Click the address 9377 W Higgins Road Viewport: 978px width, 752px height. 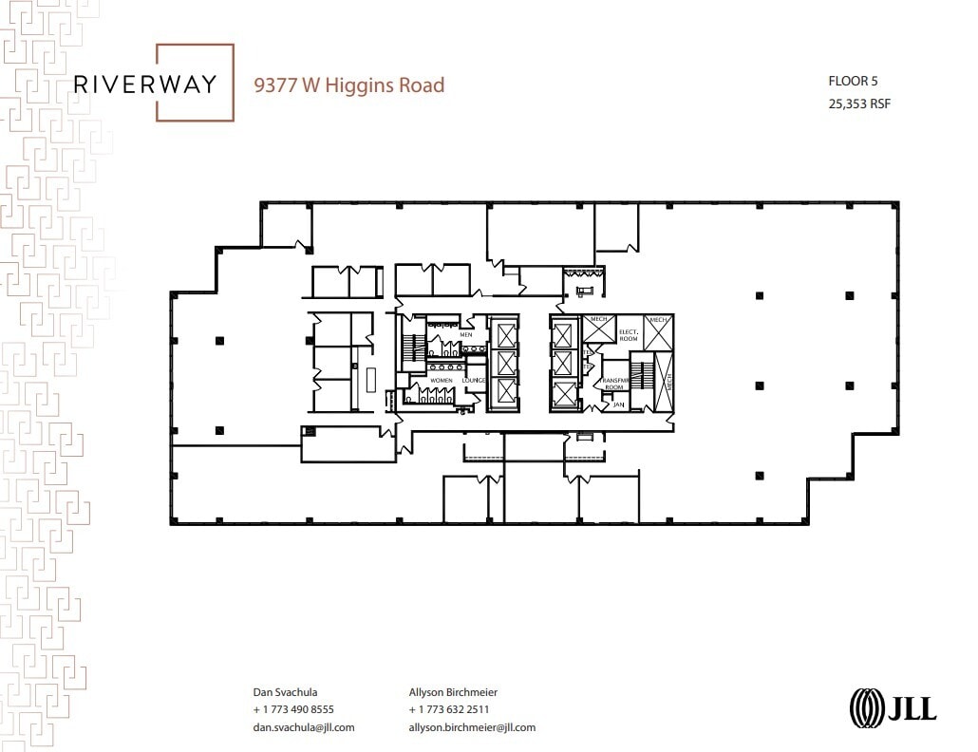pyautogui.click(x=348, y=85)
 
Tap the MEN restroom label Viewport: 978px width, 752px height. pyautogui.click(x=465, y=334)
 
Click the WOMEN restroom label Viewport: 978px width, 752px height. pyautogui.click(x=442, y=380)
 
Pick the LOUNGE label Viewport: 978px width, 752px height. pyautogui.click(x=473, y=380)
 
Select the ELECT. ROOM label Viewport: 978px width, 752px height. pyautogui.click(x=628, y=334)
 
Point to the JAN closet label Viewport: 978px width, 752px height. pyautogui.click(x=617, y=404)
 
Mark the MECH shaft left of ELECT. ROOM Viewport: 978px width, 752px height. pyautogui.click(x=598, y=329)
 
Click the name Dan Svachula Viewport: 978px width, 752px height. pyautogui.click(x=286, y=692)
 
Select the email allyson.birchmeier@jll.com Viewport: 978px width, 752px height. pyautogui.click(x=472, y=727)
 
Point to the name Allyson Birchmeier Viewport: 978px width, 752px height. pyautogui.click(x=453, y=692)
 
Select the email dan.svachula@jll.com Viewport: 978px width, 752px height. pyautogui.click(x=303, y=727)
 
